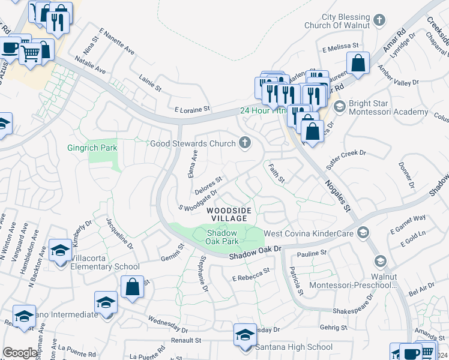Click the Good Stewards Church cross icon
point(244,143)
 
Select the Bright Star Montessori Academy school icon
point(339,107)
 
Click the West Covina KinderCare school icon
point(363,232)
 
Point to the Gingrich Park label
point(92,148)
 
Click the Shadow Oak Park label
point(223,237)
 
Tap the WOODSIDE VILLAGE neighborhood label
point(227,215)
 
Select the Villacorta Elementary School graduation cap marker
point(60,250)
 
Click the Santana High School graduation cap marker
point(245,334)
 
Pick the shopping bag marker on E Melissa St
point(358,62)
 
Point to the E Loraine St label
point(192,110)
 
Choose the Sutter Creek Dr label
point(346,158)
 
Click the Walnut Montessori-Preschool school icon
point(380,261)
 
